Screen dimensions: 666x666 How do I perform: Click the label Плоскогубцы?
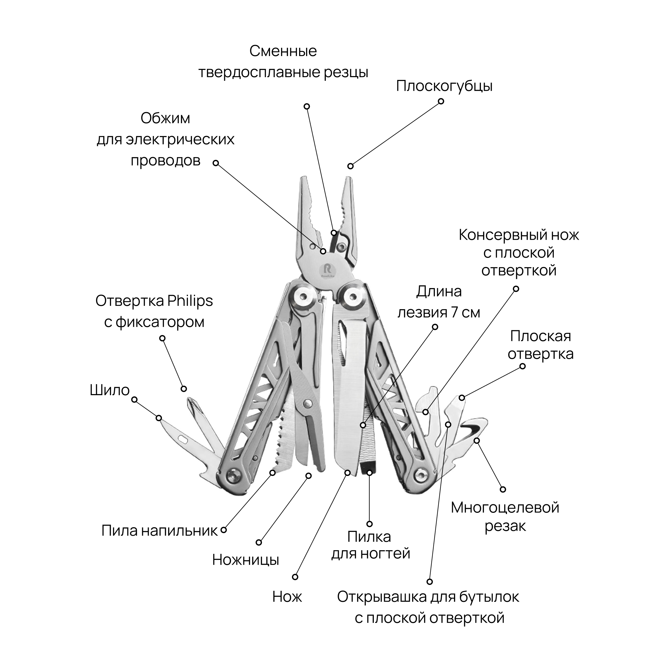point(444,86)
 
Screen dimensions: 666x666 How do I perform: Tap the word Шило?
point(109,390)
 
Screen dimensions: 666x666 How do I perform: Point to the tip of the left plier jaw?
point(304,179)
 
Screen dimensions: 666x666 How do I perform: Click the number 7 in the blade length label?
point(454,313)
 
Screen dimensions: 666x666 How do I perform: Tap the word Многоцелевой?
point(505,508)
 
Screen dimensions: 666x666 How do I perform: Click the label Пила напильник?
point(160,531)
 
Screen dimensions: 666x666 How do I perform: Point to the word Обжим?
point(165,118)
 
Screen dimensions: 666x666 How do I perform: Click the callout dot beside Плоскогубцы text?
point(441,101)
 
